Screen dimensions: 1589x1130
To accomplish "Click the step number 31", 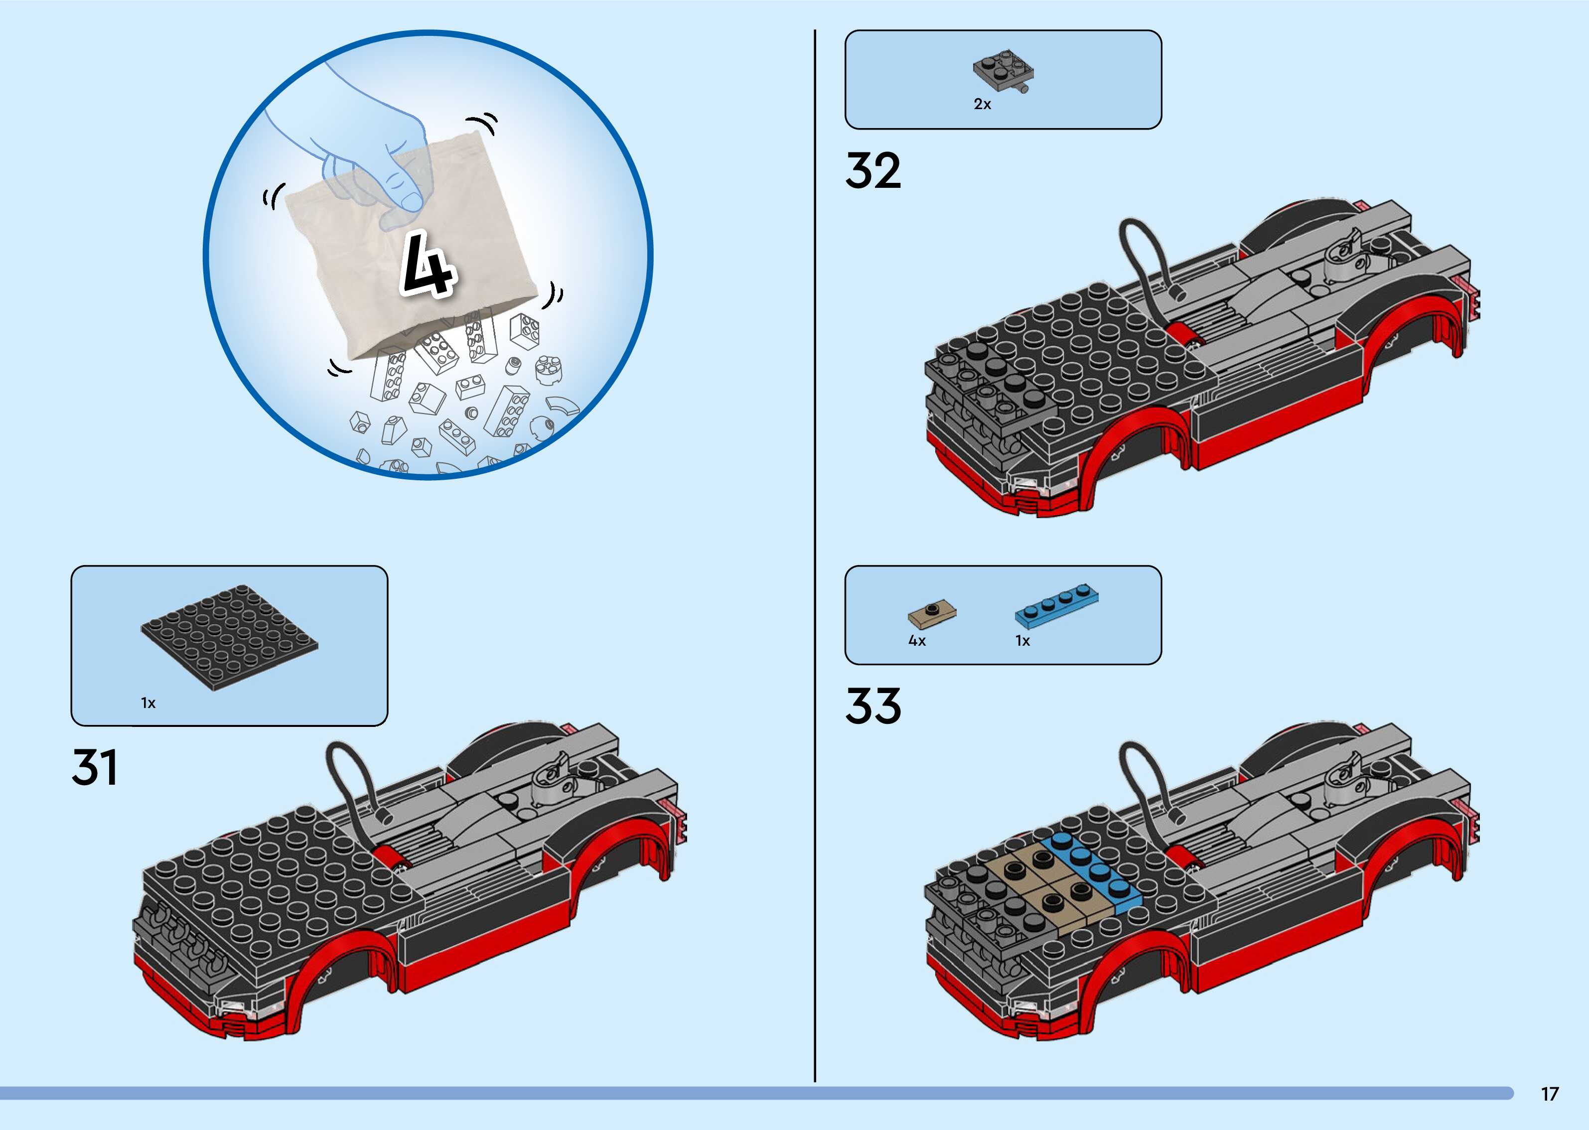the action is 95,767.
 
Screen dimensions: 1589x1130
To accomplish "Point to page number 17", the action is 1549,1094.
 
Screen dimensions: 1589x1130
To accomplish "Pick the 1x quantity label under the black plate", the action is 148,703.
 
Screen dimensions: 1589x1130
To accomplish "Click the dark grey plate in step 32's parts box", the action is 1003,70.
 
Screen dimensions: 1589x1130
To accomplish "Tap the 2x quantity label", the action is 982,104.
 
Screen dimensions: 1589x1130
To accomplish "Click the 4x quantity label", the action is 917,641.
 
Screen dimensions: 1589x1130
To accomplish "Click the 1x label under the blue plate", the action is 1022,641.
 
